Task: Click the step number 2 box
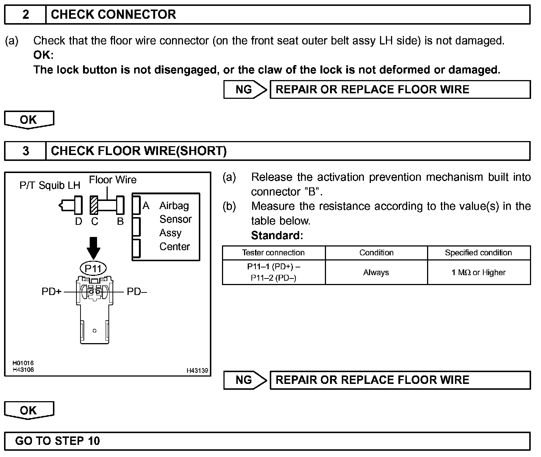(x=25, y=15)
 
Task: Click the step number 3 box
(x=25, y=151)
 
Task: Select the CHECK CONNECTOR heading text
(x=113, y=15)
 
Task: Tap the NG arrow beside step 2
(x=245, y=90)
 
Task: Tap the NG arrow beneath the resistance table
(x=245, y=380)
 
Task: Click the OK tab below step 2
(x=29, y=120)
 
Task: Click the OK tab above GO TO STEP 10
(x=29, y=410)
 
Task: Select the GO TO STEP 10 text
(x=57, y=441)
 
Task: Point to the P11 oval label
(x=93, y=269)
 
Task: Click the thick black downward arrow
(x=94, y=248)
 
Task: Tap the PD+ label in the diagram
(x=52, y=292)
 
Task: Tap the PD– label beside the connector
(x=137, y=292)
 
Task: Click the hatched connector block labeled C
(x=94, y=205)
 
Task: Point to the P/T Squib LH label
(x=50, y=186)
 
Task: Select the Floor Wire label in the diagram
(x=112, y=180)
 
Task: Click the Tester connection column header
(x=273, y=253)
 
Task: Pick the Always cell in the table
(x=376, y=273)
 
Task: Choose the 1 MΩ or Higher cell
(x=479, y=273)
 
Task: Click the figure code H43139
(x=197, y=371)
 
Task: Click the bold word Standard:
(x=277, y=235)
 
